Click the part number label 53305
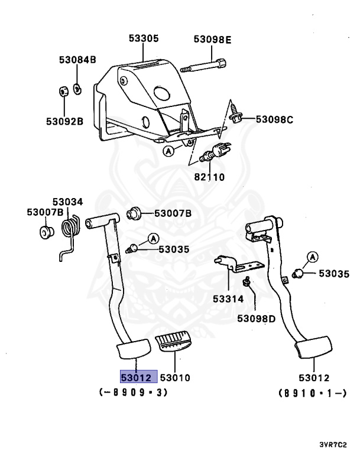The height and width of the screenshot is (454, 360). pyautogui.click(x=144, y=39)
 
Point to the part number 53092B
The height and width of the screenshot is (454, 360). pyautogui.click(x=65, y=122)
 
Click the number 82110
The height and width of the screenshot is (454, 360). pyautogui.click(x=209, y=177)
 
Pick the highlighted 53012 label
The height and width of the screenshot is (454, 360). pyautogui.click(x=137, y=377)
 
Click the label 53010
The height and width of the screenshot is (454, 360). pyautogui.click(x=175, y=377)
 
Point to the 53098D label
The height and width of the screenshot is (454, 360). pyautogui.click(x=257, y=318)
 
